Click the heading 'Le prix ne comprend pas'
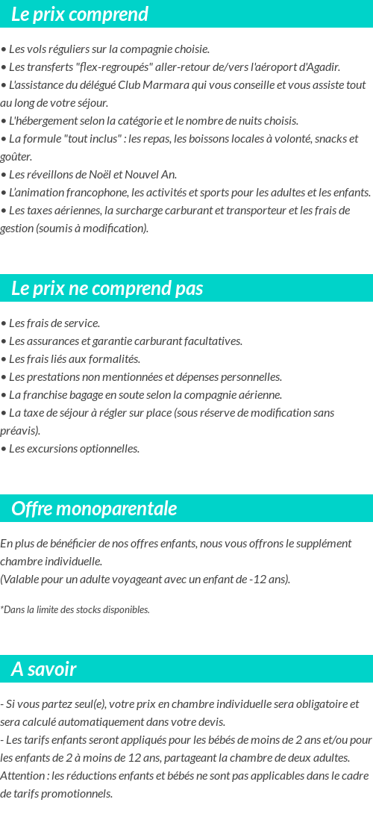pos(107,288)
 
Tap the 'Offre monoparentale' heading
pos(94,509)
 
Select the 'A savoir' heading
pos(43,669)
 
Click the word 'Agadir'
pos(322,67)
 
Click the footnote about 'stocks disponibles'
pos(75,609)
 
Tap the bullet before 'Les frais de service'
pos(4,323)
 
